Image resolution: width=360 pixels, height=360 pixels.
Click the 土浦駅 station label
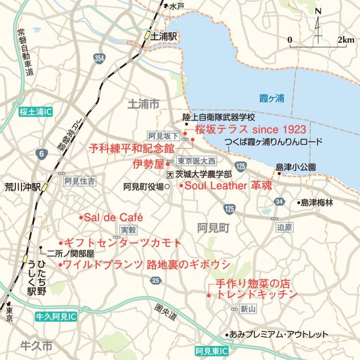(x=165, y=36)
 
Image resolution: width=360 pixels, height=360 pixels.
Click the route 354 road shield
(x=99, y=58)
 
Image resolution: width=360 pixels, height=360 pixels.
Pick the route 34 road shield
(x=278, y=202)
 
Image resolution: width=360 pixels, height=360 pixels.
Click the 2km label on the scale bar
(x=346, y=39)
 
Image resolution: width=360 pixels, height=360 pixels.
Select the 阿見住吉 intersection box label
(x=80, y=181)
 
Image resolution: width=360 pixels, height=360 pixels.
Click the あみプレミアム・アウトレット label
(x=279, y=335)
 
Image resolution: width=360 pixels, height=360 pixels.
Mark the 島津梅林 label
(x=317, y=203)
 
